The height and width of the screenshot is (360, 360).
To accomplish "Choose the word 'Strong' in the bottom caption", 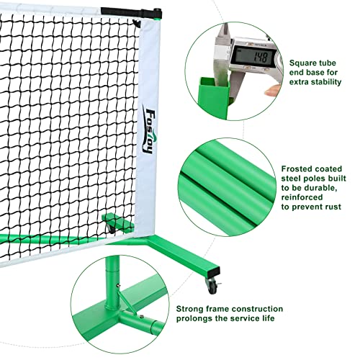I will click(190, 307).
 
